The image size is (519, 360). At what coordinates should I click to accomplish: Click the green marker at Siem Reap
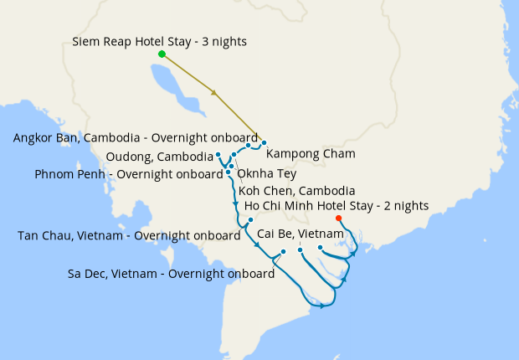[162, 54]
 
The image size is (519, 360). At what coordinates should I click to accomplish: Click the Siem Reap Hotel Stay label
[159, 41]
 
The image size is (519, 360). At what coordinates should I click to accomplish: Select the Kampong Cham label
[311, 154]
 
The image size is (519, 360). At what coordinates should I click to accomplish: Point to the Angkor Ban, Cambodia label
[136, 138]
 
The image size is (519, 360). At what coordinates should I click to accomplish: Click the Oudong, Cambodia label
[160, 157]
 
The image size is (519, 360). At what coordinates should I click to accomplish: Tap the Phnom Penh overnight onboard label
[130, 174]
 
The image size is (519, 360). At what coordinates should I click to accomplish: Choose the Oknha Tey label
[267, 173]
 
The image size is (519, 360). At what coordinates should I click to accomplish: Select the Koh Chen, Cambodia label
[296, 191]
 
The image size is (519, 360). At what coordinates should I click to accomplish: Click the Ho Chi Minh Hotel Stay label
[337, 205]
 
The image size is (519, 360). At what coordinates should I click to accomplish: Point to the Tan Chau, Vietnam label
[129, 235]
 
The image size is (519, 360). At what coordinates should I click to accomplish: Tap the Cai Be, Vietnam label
[300, 233]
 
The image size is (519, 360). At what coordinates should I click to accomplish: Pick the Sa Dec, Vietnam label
[172, 273]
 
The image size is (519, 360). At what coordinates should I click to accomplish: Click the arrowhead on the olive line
[216, 93]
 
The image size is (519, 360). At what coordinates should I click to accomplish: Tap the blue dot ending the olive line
[264, 142]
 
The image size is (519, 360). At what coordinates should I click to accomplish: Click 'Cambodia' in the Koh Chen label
[325, 191]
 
